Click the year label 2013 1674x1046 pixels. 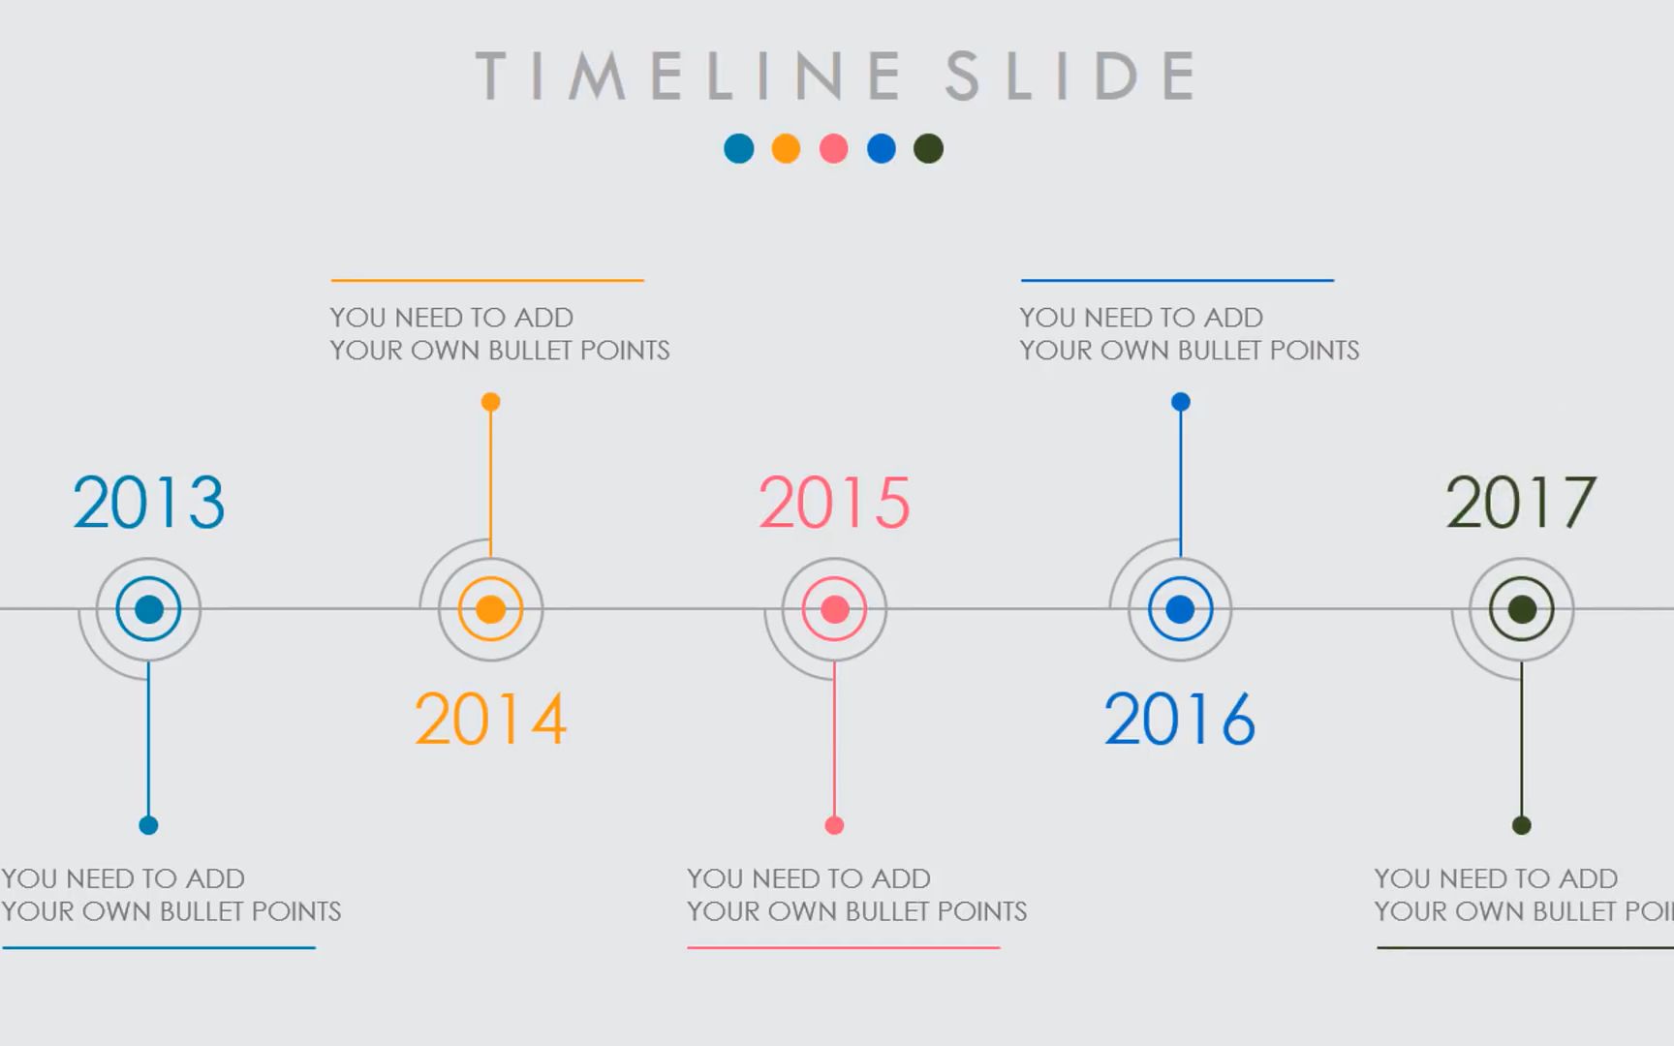tap(148, 503)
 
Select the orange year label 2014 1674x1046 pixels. tap(490, 719)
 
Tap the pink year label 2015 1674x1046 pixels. tap(834, 503)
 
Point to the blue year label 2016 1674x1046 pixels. tap(1179, 719)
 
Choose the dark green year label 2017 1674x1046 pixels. tap(1521, 503)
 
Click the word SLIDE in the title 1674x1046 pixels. tap(1071, 76)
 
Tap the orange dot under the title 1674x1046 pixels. tap(786, 148)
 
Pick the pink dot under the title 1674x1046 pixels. tap(833, 148)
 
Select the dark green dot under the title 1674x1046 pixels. tap(928, 148)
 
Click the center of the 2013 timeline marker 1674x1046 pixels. tap(148, 609)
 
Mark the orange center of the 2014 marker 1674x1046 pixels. tap(490, 609)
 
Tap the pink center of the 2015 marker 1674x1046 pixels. tap(834, 609)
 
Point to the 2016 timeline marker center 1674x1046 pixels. tap(1180, 609)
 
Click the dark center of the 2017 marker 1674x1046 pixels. tap(1522, 609)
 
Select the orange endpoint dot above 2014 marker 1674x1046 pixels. tap(490, 402)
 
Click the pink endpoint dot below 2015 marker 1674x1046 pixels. tap(834, 825)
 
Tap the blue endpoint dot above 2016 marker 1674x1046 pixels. tap(1180, 402)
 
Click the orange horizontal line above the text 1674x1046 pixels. tap(487, 280)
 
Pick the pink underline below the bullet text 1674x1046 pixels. tap(843, 947)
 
